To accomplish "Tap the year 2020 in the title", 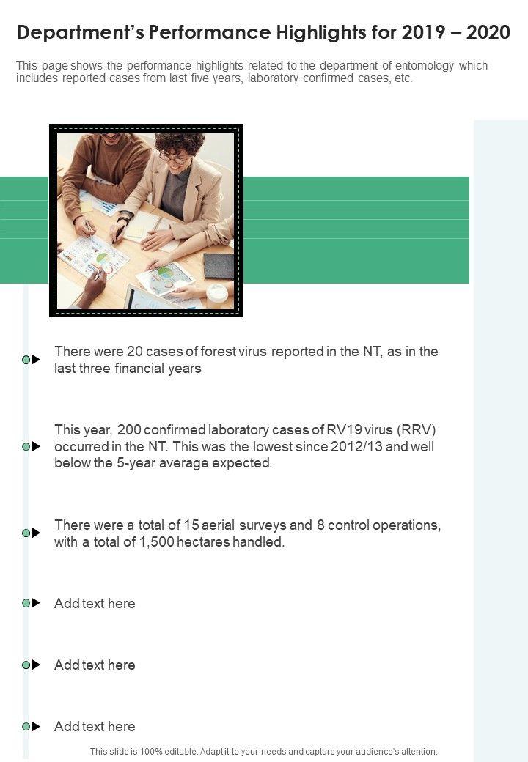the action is tap(488, 32).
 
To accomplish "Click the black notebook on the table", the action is tap(219, 266).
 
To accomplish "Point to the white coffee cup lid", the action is tap(217, 292).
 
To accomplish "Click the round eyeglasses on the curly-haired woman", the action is tap(172, 158).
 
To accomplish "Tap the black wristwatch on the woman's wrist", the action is tap(123, 220).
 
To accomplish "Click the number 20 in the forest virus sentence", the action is tap(134, 352).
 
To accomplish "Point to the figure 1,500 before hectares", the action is tap(156, 542).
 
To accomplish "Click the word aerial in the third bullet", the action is tap(218, 525).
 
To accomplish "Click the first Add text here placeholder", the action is tap(95, 603).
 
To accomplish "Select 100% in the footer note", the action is tap(151, 751).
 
